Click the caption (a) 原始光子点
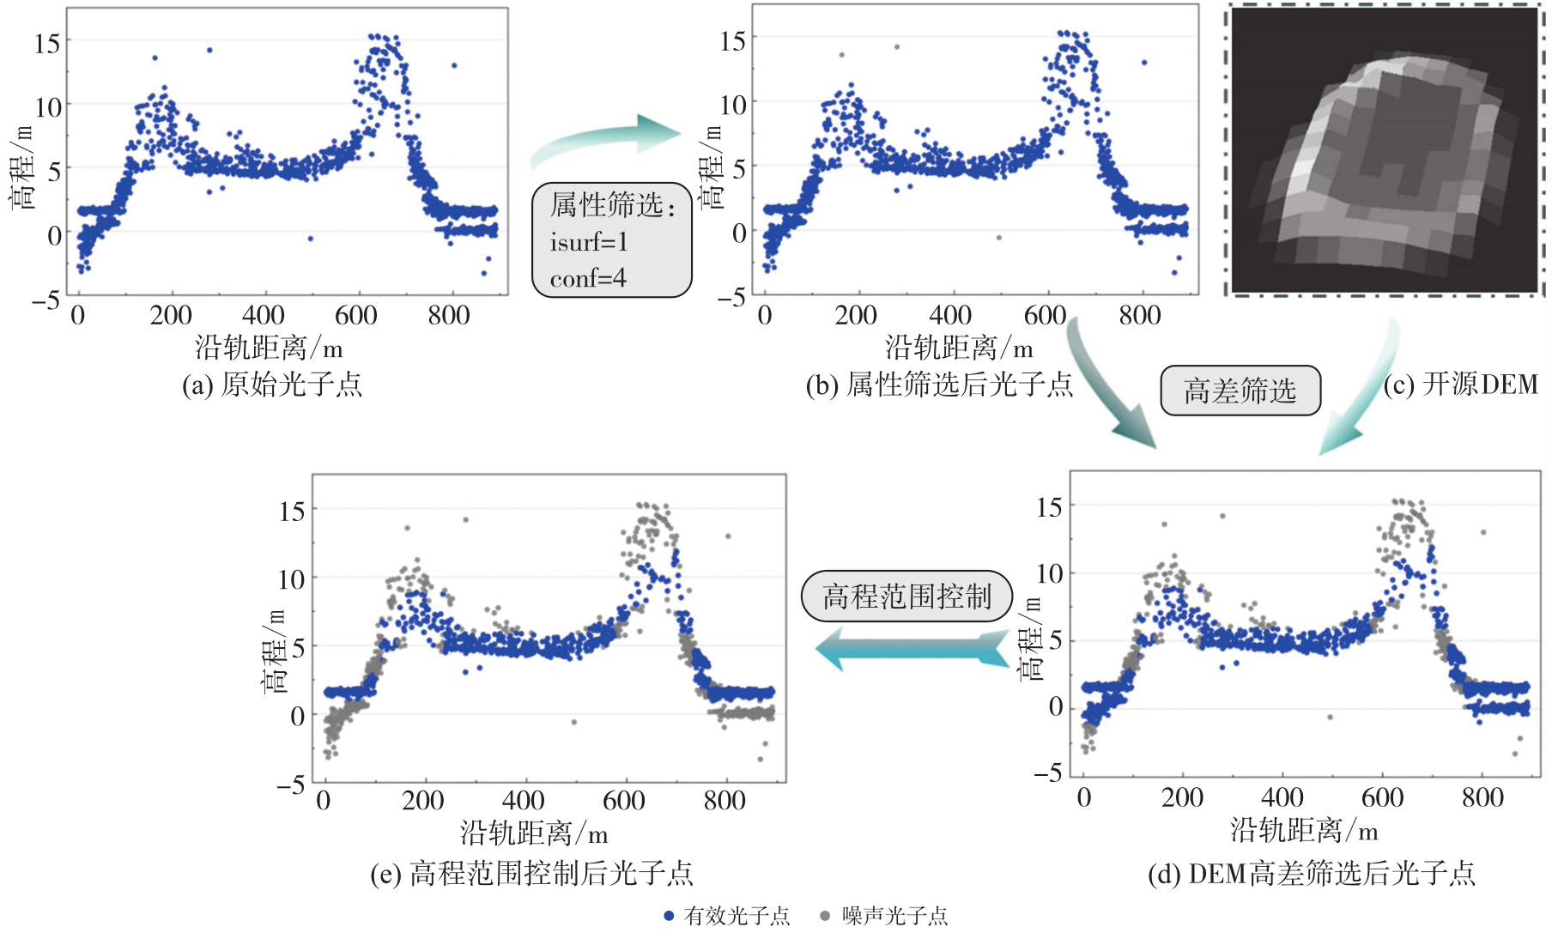click(272, 384)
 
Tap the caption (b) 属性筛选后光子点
click(939, 384)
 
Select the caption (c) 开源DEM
click(1461, 384)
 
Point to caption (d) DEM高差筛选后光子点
click(1311, 874)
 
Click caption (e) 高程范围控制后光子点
click(531, 874)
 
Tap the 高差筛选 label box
click(1240, 391)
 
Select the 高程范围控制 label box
click(907, 596)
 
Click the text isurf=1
click(589, 242)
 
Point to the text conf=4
click(588, 278)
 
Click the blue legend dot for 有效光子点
click(669, 916)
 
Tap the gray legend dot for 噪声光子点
click(825, 916)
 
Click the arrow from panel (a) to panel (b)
click(606, 138)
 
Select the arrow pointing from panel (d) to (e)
click(912, 649)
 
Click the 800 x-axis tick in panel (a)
click(449, 316)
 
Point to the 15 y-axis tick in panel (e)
click(292, 512)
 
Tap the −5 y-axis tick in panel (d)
click(1048, 773)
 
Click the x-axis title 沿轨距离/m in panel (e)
click(534, 833)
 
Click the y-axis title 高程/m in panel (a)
click(22, 167)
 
